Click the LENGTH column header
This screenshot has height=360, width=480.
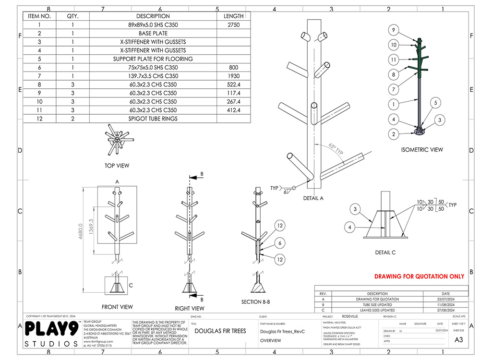coord(234,16)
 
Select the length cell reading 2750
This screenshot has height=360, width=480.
coord(234,25)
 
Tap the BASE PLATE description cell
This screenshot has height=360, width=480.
coord(153,34)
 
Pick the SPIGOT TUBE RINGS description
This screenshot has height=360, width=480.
coord(153,119)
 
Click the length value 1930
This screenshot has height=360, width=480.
coord(234,76)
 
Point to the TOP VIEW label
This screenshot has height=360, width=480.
coord(117,166)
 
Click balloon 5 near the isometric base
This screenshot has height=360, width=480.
coord(435,102)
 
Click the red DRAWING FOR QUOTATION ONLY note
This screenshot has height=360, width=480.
coord(419,276)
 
